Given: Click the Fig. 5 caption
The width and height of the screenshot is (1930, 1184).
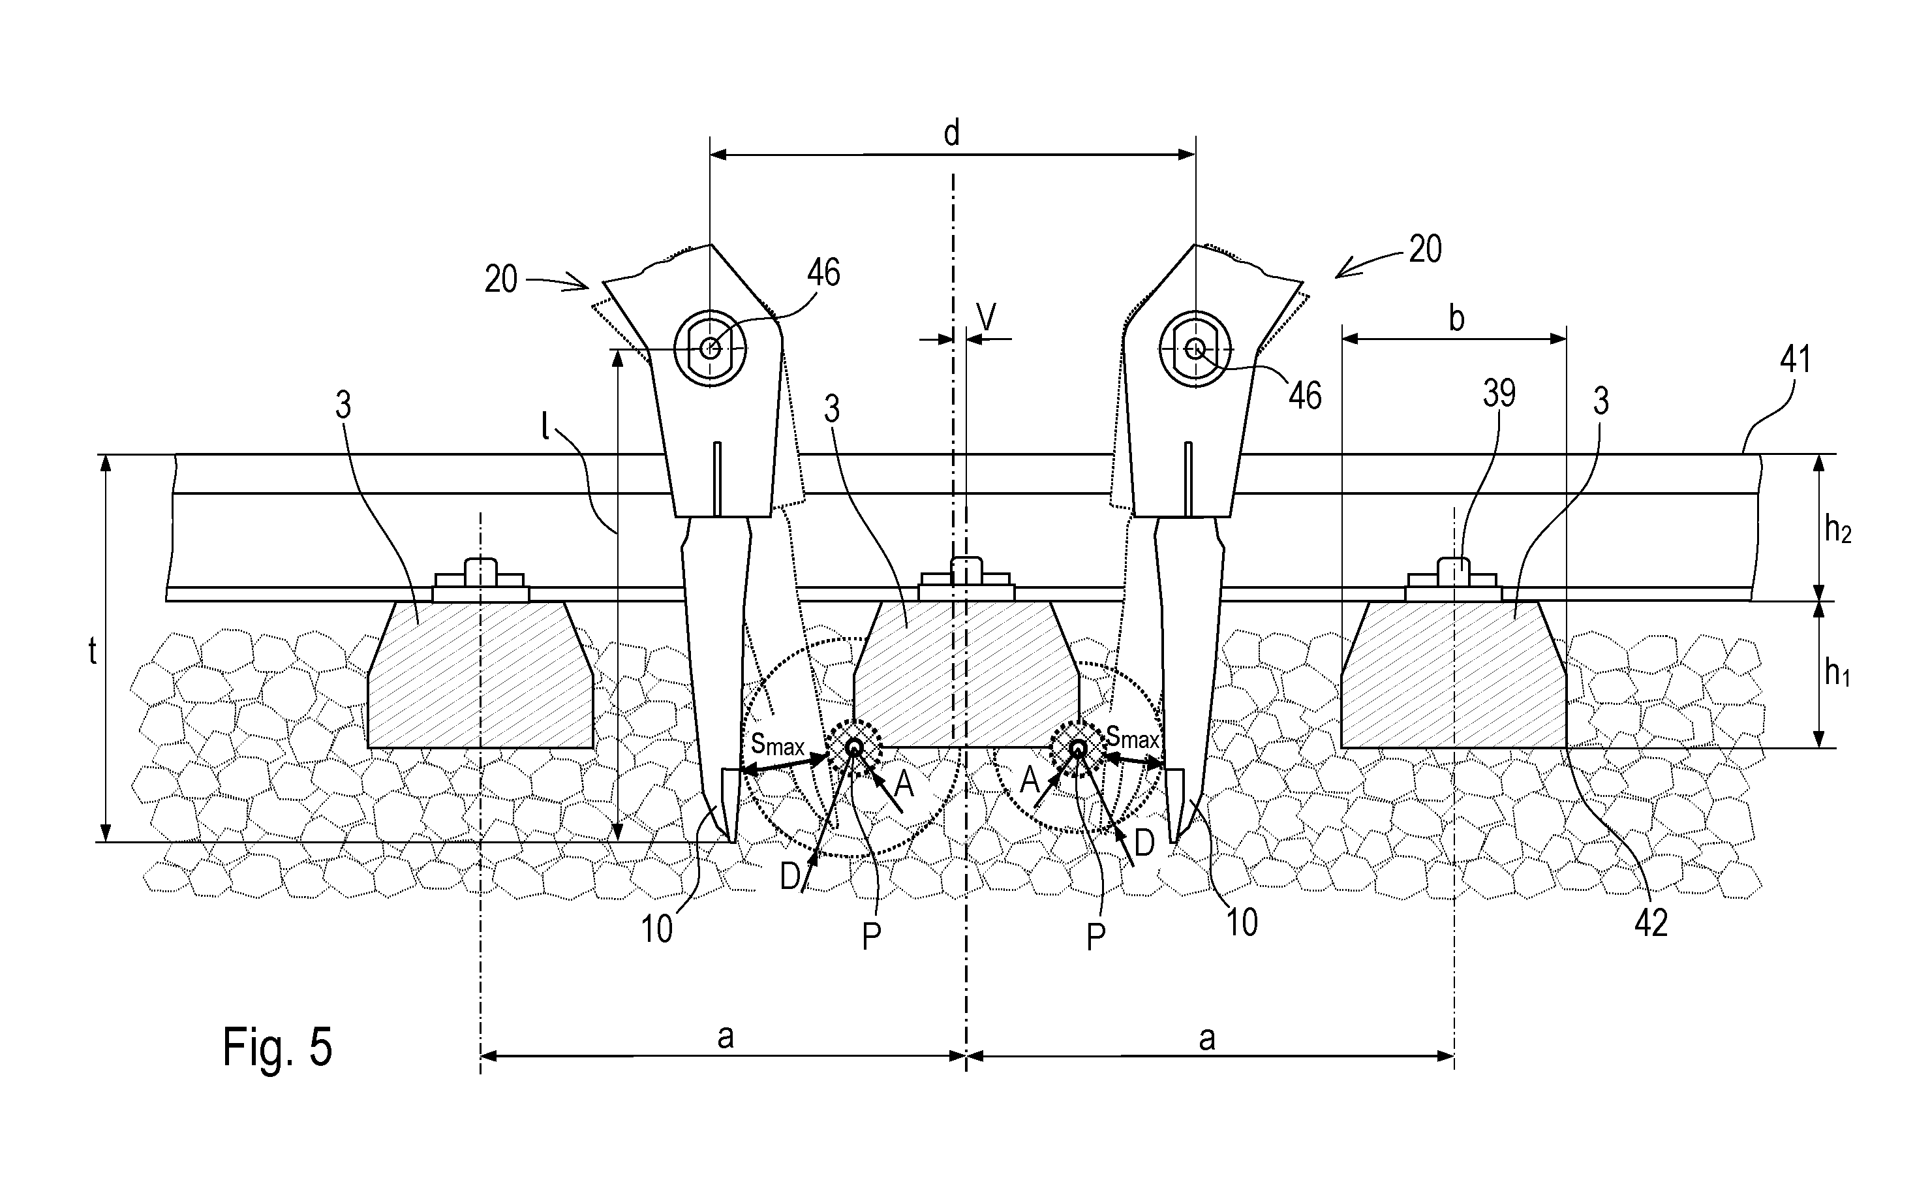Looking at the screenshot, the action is click(277, 1048).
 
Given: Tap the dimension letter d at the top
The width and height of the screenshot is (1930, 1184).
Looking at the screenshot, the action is click(952, 133).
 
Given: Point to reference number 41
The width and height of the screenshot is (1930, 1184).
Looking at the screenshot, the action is click(1796, 360).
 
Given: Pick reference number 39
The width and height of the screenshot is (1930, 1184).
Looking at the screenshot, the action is click(1499, 394).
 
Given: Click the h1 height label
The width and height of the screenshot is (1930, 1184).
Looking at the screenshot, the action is click(1837, 672).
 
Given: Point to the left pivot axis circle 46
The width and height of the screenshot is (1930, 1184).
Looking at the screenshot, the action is click(710, 349).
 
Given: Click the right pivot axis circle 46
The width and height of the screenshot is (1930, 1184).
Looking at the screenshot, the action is click(1195, 349).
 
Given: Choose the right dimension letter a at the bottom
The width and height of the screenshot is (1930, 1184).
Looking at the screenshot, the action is click(1207, 1039).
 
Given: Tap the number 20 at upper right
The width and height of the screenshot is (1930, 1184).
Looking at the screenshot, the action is click(1426, 249).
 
